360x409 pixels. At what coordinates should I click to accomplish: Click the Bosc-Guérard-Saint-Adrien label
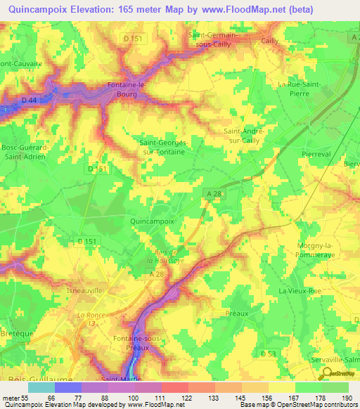coord(23,152)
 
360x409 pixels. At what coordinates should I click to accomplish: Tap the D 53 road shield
coord(266,353)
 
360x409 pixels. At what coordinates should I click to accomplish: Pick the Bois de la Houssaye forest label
coord(169,255)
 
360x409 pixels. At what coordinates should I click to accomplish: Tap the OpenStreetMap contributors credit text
coord(323,405)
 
